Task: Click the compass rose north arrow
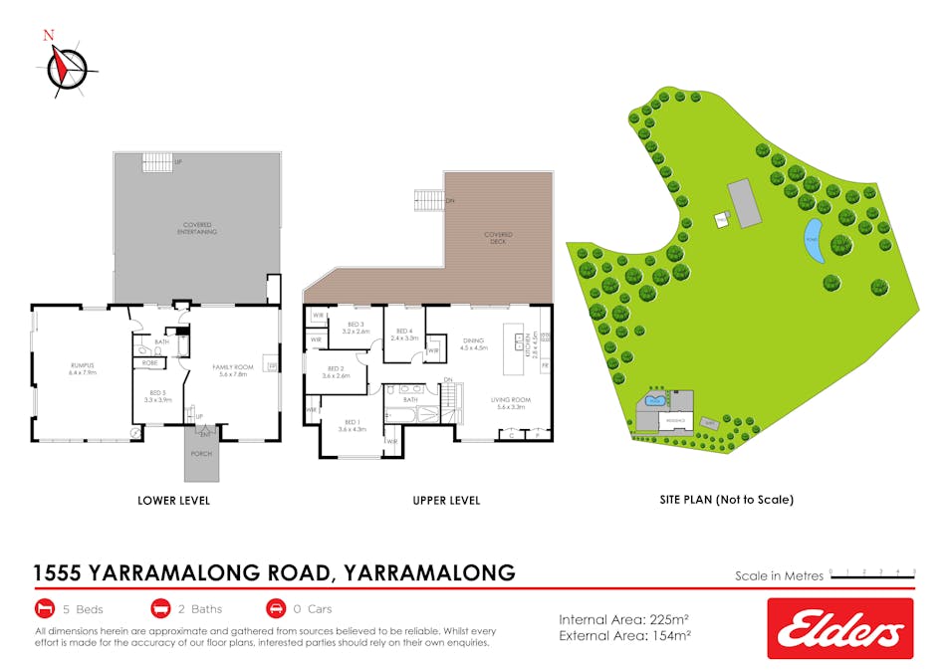click(x=65, y=66)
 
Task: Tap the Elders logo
click(x=839, y=628)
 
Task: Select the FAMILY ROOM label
click(x=234, y=369)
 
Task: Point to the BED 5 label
click(x=159, y=395)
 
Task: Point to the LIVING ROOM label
click(x=510, y=402)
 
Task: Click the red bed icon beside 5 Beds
click(x=44, y=608)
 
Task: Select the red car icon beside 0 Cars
click(x=276, y=608)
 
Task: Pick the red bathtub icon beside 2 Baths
click(x=160, y=608)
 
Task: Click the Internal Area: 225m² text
click(x=624, y=618)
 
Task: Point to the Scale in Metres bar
click(x=871, y=574)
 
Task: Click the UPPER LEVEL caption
click(x=446, y=500)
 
